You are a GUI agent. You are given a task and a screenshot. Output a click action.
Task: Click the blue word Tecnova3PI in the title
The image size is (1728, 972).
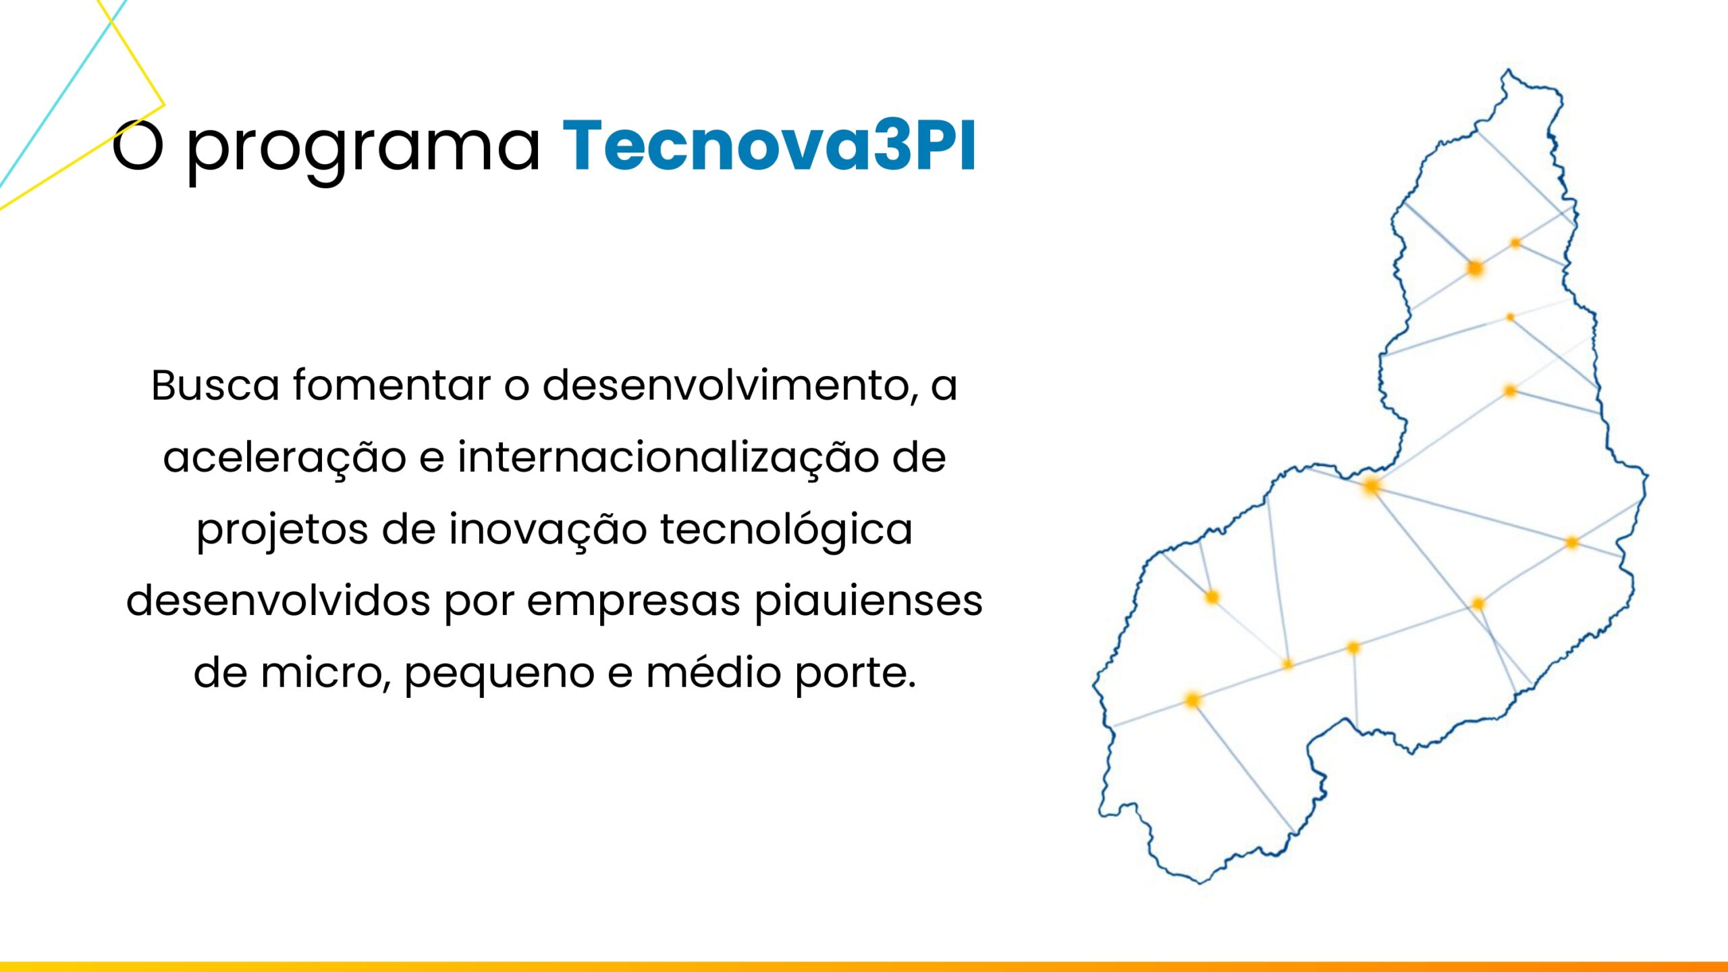click(x=769, y=145)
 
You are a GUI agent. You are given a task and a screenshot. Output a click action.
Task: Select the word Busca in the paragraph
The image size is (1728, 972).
click(x=215, y=385)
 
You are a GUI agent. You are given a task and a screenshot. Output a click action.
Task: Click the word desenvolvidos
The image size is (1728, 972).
click(x=278, y=601)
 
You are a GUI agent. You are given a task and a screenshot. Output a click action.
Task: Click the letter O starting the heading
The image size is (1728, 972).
click(x=138, y=145)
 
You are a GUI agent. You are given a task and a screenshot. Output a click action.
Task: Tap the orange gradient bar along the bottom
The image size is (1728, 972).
click(x=864, y=967)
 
